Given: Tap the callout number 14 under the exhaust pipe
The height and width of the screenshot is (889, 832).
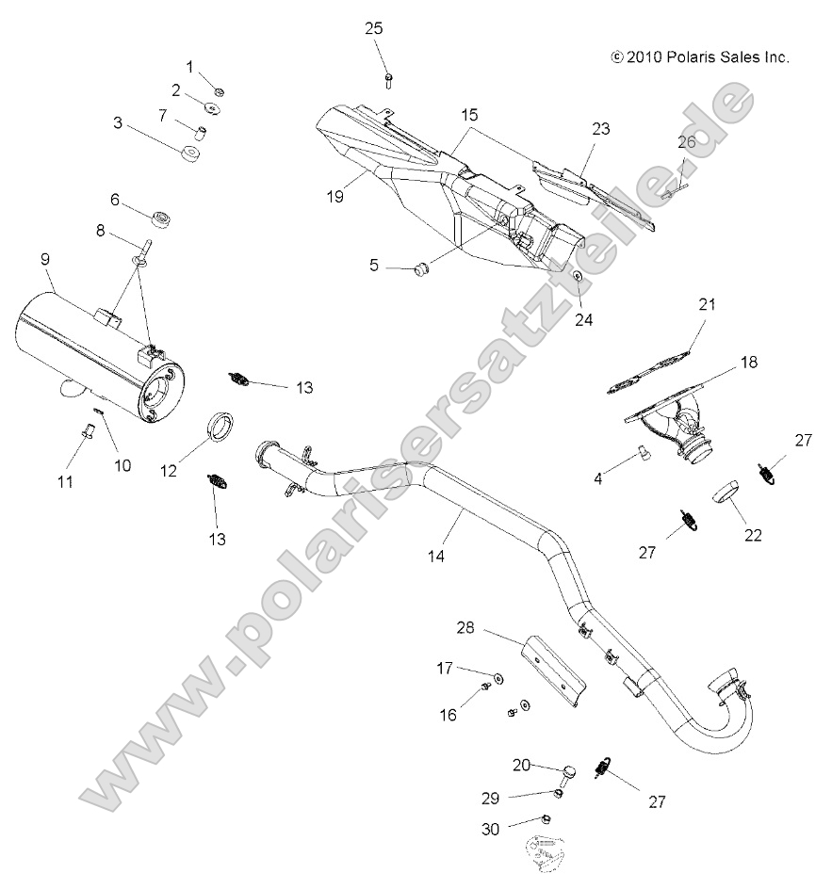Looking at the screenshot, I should [436, 556].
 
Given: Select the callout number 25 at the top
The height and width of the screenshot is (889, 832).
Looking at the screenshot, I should [374, 28].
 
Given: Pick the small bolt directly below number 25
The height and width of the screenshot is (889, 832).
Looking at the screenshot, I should [388, 80].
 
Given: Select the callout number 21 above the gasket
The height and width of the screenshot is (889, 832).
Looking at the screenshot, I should [708, 304].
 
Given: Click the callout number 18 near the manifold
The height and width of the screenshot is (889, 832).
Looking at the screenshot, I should [748, 362].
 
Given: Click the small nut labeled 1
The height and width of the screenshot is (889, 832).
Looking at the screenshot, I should [218, 91].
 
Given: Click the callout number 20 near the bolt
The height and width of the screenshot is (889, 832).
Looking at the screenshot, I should [522, 765].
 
